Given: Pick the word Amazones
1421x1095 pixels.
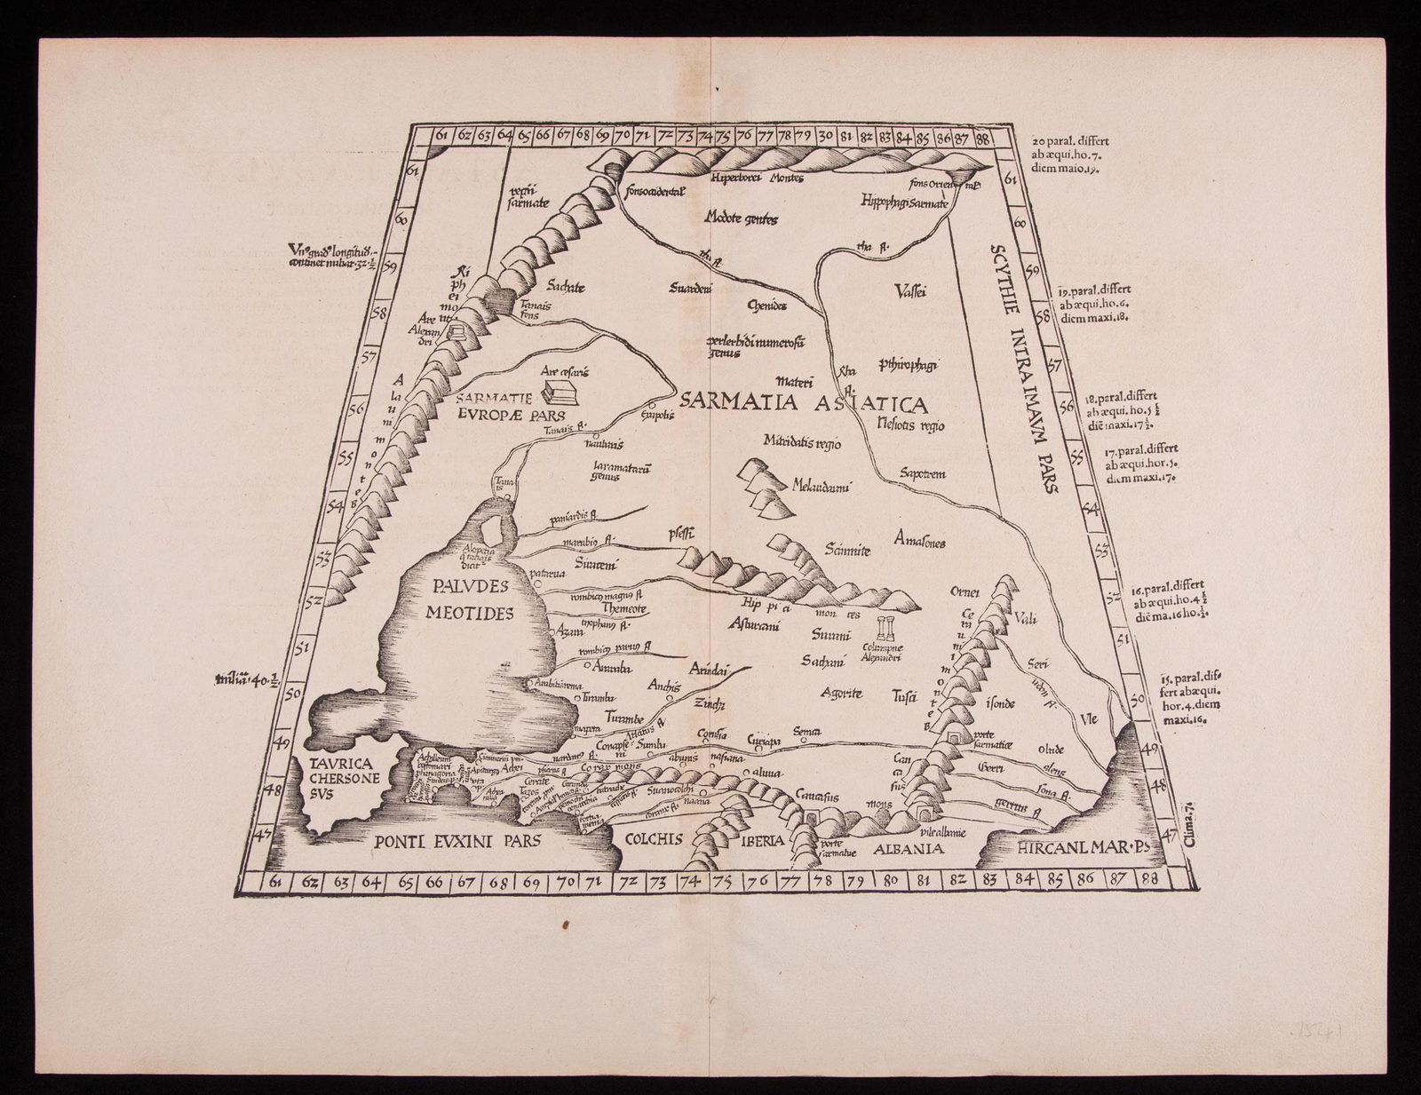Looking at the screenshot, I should (920, 543).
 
